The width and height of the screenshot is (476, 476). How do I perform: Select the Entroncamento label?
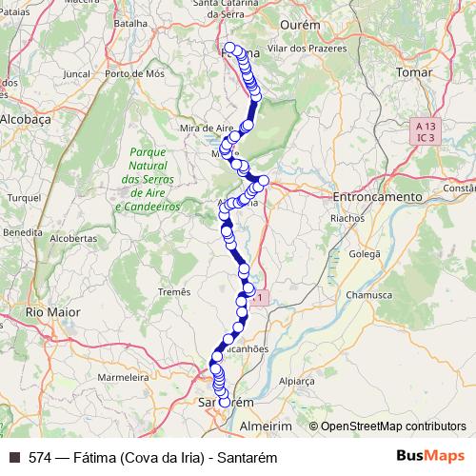click(x=377, y=196)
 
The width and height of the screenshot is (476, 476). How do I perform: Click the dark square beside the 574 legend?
click(x=15, y=456)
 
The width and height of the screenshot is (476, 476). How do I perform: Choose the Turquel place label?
click(x=20, y=197)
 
